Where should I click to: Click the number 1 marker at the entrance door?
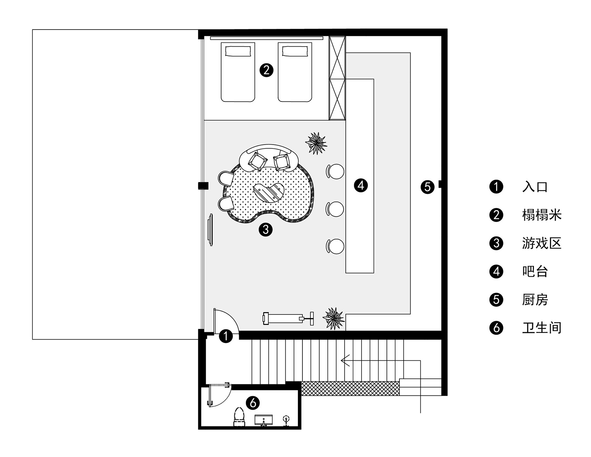point(226,336)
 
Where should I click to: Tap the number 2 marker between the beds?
point(267,70)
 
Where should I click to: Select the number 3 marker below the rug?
point(266,229)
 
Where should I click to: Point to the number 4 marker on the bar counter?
point(361,185)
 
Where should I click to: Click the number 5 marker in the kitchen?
point(427,187)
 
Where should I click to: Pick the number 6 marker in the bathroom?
point(252,403)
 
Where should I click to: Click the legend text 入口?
point(535,187)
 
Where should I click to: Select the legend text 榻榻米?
point(542,215)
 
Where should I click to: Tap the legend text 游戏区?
point(542,243)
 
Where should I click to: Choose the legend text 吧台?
point(535,271)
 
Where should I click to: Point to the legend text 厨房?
point(535,300)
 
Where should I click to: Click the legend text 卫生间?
point(542,328)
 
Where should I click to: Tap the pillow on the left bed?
point(238,51)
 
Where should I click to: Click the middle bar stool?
point(335,209)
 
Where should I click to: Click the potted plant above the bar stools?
point(316,143)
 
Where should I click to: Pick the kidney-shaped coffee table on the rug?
point(270,192)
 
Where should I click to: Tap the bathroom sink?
point(264,420)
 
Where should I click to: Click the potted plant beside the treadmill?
point(334,319)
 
